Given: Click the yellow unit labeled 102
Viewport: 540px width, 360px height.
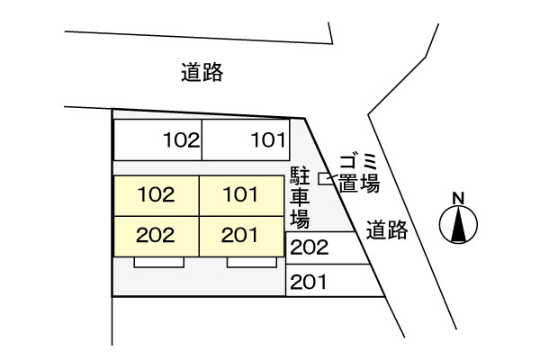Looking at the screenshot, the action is (x=157, y=196).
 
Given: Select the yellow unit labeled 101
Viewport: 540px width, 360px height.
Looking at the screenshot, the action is (x=241, y=196).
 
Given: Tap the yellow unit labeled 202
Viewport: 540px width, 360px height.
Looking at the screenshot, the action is (x=157, y=237).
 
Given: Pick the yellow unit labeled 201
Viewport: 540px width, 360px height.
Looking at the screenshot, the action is (x=241, y=237).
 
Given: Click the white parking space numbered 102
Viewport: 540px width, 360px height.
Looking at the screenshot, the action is (x=157, y=139).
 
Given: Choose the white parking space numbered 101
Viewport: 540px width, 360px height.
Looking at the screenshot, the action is (x=246, y=139).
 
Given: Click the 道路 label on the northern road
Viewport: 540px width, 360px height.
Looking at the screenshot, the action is (x=202, y=72).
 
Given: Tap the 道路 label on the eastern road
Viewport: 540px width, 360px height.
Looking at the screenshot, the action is (x=387, y=229).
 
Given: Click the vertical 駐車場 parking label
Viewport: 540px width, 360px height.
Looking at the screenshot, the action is (x=300, y=198).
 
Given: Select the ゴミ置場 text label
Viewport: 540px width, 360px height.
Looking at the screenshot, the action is (x=359, y=174).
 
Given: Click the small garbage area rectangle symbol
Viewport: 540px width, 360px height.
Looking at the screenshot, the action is (x=323, y=179).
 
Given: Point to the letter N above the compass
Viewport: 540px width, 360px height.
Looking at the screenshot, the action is (x=458, y=198).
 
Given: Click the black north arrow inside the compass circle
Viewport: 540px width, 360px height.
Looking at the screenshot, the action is (x=458, y=224).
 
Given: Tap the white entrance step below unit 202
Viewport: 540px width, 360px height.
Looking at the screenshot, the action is (x=158, y=262).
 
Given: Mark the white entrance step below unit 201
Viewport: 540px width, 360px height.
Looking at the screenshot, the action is (x=252, y=262).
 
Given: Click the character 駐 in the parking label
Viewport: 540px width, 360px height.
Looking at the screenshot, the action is (x=300, y=177).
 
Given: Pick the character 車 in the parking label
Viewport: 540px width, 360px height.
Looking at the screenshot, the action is (x=300, y=198).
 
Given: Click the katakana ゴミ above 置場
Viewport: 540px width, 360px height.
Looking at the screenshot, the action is (x=359, y=163).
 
